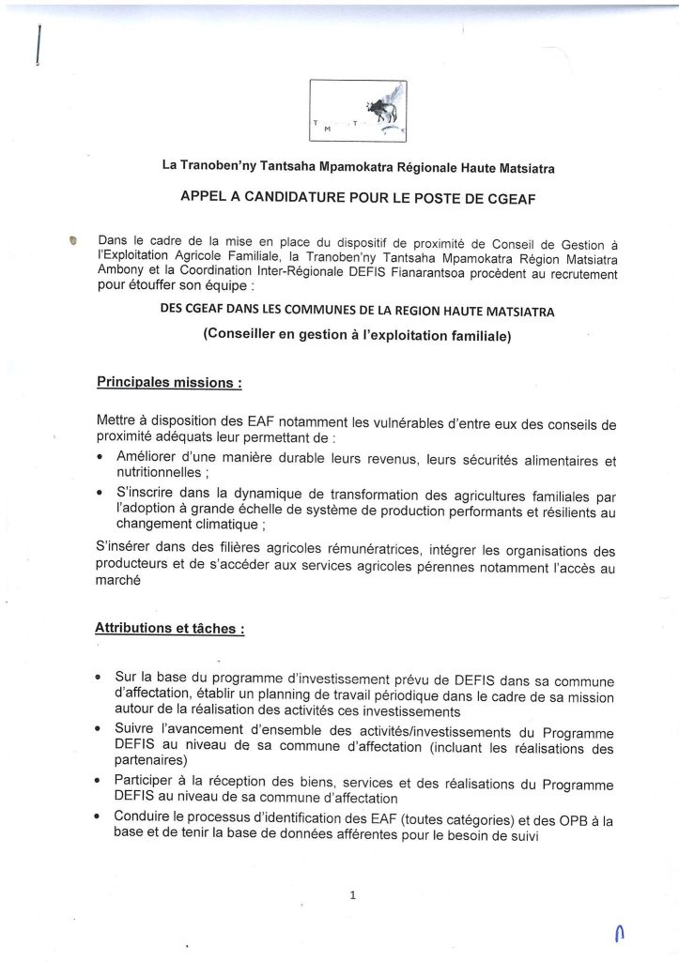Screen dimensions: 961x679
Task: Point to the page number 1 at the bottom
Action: (x=352, y=895)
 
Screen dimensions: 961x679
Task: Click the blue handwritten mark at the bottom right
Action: (x=616, y=932)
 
